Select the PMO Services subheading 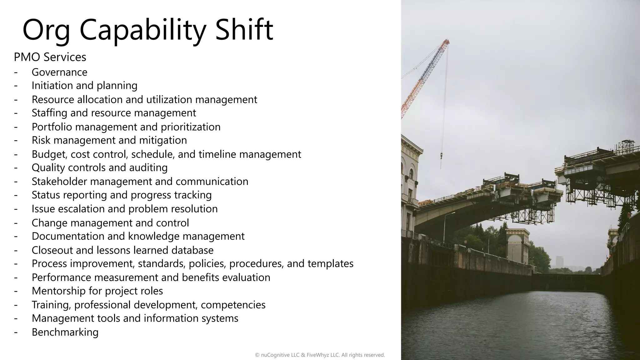[x=50, y=57]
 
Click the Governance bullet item [x=59, y=72]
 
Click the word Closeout [x=52, y=250]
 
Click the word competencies [x=233, y=305]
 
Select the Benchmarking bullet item [x=65, y=332]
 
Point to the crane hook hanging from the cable [x=441, y=155]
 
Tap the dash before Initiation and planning [x=16, y=86]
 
